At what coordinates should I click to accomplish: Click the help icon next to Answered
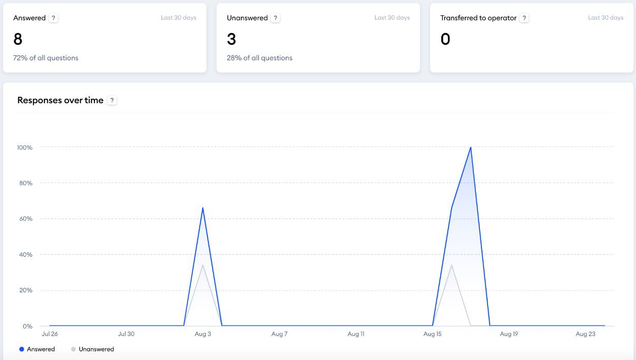54,18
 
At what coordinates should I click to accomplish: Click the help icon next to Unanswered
275,18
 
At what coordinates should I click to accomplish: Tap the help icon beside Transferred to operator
524,18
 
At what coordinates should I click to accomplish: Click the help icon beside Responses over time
112,100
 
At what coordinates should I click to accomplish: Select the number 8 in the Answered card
18,39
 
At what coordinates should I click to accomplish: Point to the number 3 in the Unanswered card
231,39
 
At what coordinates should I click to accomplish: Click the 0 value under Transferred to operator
445,39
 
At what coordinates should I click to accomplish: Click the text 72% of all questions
46,58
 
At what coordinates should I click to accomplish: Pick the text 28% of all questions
259,58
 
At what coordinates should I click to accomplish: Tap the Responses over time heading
60,100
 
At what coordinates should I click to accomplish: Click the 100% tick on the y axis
24,147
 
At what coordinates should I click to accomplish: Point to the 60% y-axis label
25,219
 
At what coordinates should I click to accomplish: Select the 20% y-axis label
25,290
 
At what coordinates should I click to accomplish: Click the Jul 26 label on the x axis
49,334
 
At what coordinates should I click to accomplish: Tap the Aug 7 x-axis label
279,334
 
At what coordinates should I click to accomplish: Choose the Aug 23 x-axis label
586,334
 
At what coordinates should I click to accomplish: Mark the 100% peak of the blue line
471,147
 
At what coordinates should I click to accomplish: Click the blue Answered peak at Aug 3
203,207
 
